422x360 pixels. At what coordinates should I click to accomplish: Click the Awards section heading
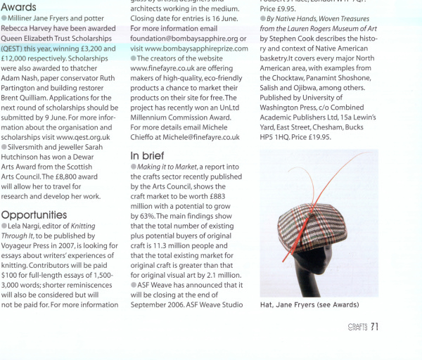(x=19, y=7)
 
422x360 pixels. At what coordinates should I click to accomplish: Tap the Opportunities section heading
(x=34, y=214)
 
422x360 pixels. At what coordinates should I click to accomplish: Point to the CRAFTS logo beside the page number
(x=357, y=327)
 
